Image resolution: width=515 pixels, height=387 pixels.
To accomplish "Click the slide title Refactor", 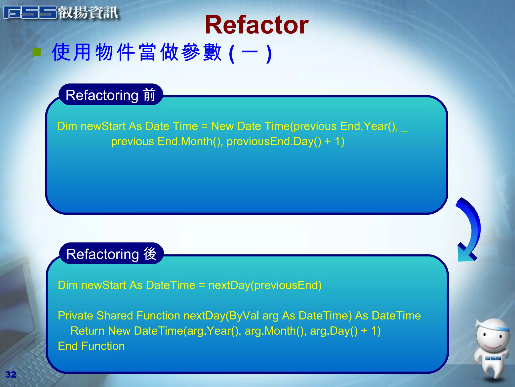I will [257, 25].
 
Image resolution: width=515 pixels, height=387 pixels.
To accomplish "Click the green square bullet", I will [37, 52].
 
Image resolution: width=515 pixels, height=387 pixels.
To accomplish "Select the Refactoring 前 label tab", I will [111, 95].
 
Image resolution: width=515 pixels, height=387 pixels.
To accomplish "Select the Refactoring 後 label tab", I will [111, 254].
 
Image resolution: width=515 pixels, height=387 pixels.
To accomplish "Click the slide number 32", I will [11, 374].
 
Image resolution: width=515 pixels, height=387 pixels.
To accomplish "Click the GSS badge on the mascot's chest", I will [493, 358].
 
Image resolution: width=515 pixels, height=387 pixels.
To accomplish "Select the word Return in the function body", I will [87, 331].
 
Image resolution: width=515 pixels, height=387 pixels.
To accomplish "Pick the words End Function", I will [91, 346].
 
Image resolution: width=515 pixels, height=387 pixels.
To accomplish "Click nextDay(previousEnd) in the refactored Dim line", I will [265, 285].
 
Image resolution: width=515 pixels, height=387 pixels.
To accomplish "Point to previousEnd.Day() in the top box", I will [274, 141].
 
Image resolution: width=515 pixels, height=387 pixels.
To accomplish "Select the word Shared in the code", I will [114, 316].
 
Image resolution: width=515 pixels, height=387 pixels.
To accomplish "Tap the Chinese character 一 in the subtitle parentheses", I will [249, 52].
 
